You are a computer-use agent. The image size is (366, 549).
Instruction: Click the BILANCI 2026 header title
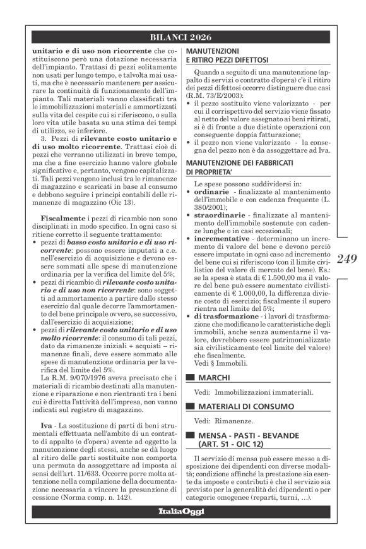tap(183, 36)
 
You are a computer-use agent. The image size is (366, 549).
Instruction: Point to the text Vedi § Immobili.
tap(218, 362)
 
